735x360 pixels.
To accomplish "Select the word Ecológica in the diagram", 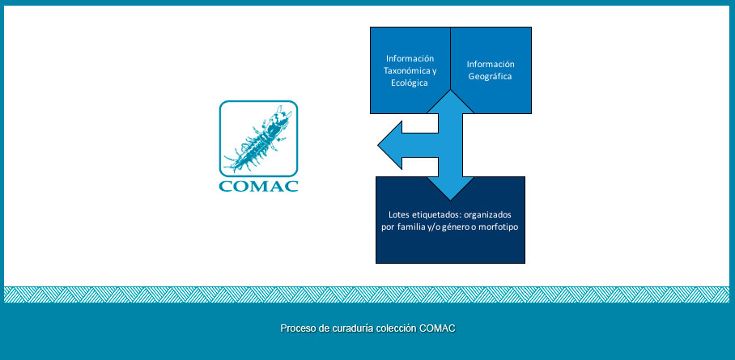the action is pos(410,83).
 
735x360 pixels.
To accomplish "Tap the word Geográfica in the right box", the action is pos(491,77).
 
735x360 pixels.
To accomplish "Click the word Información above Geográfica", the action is pos(491,65).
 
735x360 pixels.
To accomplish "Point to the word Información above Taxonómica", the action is pos(410,58).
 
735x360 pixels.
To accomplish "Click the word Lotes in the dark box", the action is pos(399,214).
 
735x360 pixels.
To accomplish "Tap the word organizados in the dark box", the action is pos(491,215).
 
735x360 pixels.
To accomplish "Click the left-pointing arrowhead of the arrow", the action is pos(390,146).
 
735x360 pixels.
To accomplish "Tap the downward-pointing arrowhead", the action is pos(450,188).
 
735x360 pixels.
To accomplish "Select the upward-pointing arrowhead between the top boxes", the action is pos(450,102).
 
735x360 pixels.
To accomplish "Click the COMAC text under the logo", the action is pos(258,186).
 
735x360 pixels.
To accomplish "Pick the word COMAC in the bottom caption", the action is pos(437,328).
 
